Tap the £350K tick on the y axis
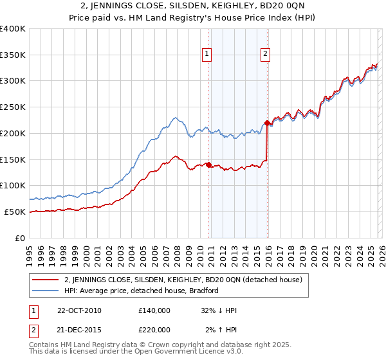[x=13, y=55]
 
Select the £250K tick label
[x=13, y=107]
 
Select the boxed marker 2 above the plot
[x=266, y=55]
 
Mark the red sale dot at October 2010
[x=208, y=165]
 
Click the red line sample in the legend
[x=47, y=280]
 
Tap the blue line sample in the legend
[x=47, y=291]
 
